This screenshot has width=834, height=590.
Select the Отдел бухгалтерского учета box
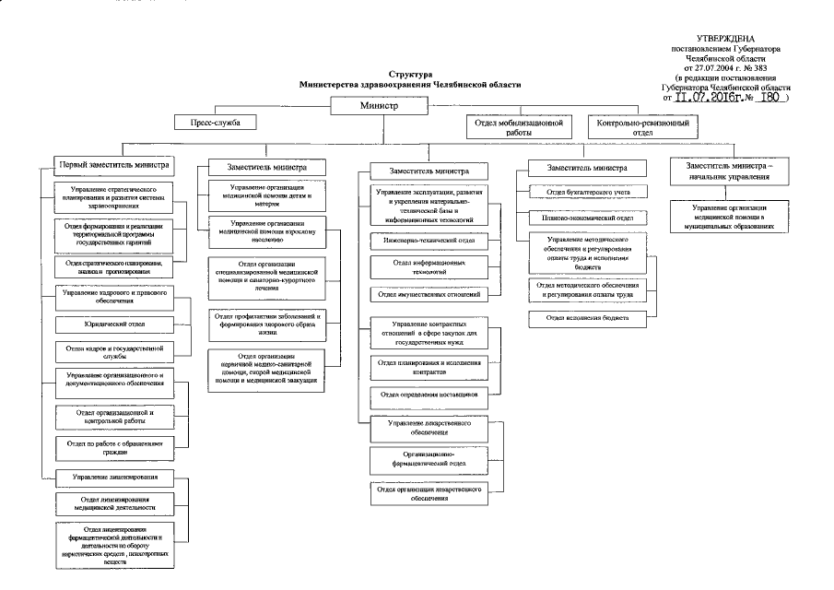(590, 192)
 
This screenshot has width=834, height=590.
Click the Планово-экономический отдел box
(590, 218)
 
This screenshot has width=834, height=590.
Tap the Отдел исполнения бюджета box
(590, 317)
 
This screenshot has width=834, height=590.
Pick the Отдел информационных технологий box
(428, 267)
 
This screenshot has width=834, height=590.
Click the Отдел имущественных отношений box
(428, 294)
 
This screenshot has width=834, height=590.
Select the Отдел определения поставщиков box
(428, 395)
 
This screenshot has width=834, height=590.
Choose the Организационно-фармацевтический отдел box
(428, 459)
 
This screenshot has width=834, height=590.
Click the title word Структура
(409, 74)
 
